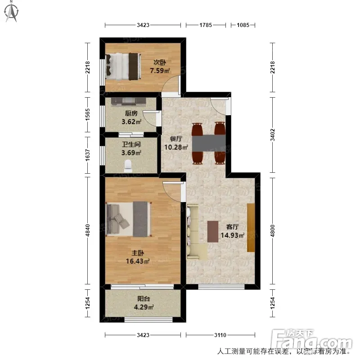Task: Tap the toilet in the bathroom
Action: coord(128,166)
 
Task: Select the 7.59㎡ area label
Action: coord(160,71)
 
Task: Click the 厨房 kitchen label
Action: coord(131,113)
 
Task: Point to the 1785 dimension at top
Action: coord(206,25)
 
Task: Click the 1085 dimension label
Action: coord(243,25)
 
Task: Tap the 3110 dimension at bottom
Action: coord(220,335)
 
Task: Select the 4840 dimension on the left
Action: coord(87,230)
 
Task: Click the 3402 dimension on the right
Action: coord(273,135)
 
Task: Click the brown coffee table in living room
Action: coord(213,231)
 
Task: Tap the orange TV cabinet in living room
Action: coord(251,228)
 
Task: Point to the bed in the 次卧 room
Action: coord(123,67)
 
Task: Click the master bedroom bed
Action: coord(129,219)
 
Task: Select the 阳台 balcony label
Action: coord(144,299)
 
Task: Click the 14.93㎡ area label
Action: coord(232,235)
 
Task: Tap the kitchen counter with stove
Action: coord(129,101)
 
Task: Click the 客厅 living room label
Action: coord(232,227)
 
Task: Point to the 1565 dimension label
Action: coord(87,115)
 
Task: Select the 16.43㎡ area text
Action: coord(138,261)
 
